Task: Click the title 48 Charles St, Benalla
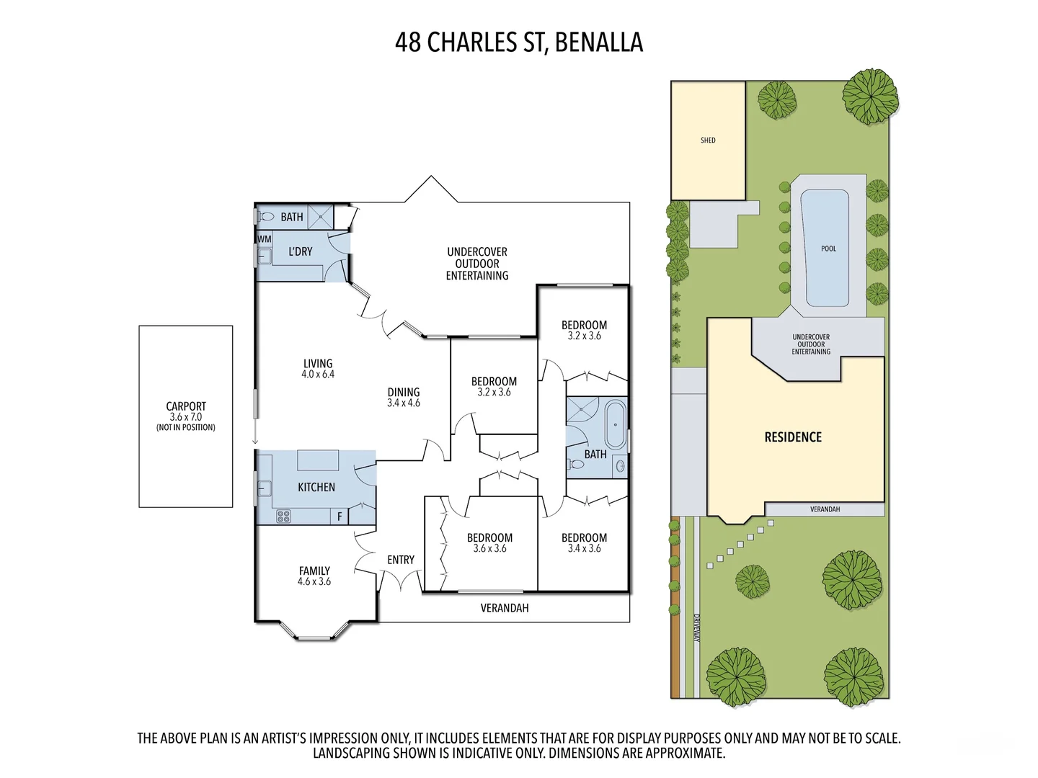click(x=518, y=43)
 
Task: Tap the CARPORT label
click(x=186, y=406)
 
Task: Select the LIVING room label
click(x=317, y=364)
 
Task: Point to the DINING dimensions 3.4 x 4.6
click(x=403, y=403)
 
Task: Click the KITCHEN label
click(x=316, y=488)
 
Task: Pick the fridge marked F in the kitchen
click(x=340, y=516)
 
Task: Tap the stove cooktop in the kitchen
click(x=283, y=516)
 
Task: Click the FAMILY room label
click(x=314, y=571)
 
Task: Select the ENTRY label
click(x=400, y=560)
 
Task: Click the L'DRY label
click(x=300, y=251)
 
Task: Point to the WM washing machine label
click(x=265, y=238)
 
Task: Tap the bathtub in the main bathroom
click(x=613, y=425)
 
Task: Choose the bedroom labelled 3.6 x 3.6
click(x=489, y=543)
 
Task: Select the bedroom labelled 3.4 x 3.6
click(x=584, y=543)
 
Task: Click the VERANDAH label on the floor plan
click(x=505, y=608)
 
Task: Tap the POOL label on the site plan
click(x=828, y=249)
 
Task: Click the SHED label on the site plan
click(x=708, y=140)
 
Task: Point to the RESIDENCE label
click(x=793, y=437)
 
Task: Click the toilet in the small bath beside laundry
click(x=266, y=216)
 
